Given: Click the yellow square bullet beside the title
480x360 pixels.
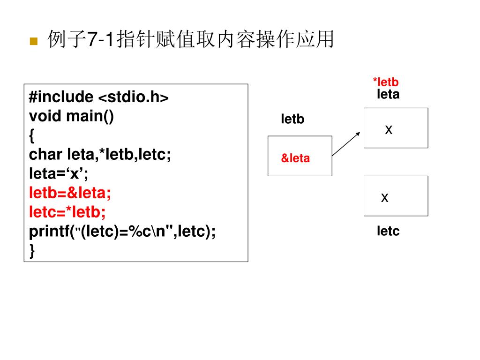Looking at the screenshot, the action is click(x=33, y=41).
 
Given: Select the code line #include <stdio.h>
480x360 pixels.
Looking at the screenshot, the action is click(x=98, y=97).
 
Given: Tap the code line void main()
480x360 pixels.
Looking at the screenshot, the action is click(x=71, y=116).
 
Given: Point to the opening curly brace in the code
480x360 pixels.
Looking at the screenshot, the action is click(x=32, y=135).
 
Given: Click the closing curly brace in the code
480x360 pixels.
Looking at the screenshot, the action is click(x=32, y=251).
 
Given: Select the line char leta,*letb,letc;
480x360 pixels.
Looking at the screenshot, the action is click(x=100, y=154).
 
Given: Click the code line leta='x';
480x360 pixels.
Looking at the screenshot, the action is click(x=59, y=174).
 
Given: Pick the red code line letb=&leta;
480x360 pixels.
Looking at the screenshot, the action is click(x=70, y=193).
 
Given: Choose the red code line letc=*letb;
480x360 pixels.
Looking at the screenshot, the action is click(x=67, y=212).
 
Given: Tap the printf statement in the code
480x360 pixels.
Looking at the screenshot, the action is click(x=122, y=232).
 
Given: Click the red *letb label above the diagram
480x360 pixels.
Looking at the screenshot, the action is click(x=385, y=82).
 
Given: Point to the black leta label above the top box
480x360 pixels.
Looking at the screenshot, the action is click(x=388, y=95).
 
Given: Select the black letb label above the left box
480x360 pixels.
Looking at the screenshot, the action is click(x=292, y=120).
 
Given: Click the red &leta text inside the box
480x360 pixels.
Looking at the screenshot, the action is click(x=295, y=158).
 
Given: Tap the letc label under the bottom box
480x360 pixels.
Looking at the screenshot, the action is click(x=388, y=231).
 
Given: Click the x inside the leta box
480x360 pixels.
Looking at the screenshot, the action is click(x=389, y=130).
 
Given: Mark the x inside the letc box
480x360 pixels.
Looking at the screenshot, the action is click(x=385, y=198).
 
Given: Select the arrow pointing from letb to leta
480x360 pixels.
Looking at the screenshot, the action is click(x=346, y=143).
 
